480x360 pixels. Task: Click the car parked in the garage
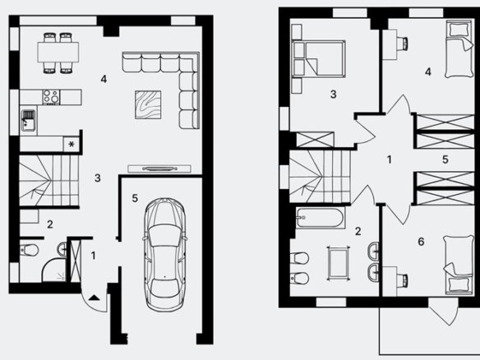click(x=165, y=255)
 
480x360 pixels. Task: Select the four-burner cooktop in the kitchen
click(x=51, y=97)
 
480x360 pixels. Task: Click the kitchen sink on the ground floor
click(x=28, y=120)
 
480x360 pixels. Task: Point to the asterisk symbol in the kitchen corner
click(x=72, y=144)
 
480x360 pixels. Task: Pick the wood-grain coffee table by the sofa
click(x=148, y=104)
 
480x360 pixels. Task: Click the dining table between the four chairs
click(x=58, y=53)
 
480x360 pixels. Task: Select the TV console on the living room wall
click(x=159, y=168)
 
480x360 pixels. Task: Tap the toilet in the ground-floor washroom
click(x=29, y=250)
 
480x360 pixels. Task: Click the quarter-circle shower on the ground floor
click(x=54, y=270)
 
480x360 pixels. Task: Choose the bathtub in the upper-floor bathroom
click(x=321, y=218)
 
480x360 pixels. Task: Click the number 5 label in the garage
click(x=135, y=198)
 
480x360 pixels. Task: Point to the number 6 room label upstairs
click(x=421, y=242)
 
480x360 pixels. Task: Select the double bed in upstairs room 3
click(x=319, y=58)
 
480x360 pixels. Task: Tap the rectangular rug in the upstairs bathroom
click(x=339, y=263)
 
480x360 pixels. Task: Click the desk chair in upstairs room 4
click(x=403, y=44)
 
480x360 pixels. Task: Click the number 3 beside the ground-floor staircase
click(x=97, y=178)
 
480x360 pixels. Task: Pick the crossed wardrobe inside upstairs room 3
click(x=316, y=140)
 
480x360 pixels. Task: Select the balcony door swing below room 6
click(x=443, y=311)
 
